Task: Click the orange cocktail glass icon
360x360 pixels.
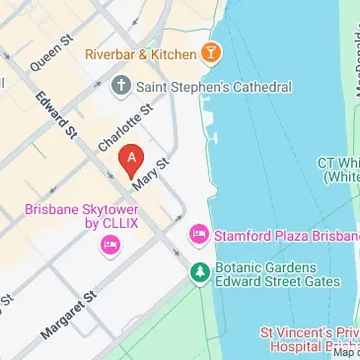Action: (210, 51)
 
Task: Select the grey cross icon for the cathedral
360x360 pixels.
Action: (121, 87)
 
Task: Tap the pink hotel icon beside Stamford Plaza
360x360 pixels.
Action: (197, 234)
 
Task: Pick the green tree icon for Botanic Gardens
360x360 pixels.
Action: (200, 270)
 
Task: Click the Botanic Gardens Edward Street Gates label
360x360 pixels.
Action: (266, 275)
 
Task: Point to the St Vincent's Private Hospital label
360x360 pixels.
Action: (307, 339)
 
